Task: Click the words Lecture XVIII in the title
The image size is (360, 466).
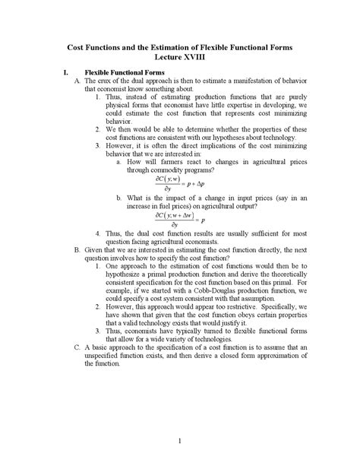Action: coord(180,56)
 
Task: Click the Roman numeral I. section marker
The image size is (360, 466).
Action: coord(67,72)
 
